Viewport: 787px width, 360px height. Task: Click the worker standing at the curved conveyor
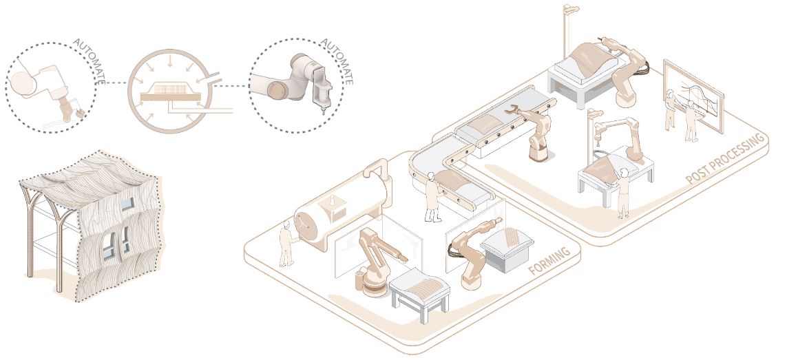(x=432, y=196)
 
